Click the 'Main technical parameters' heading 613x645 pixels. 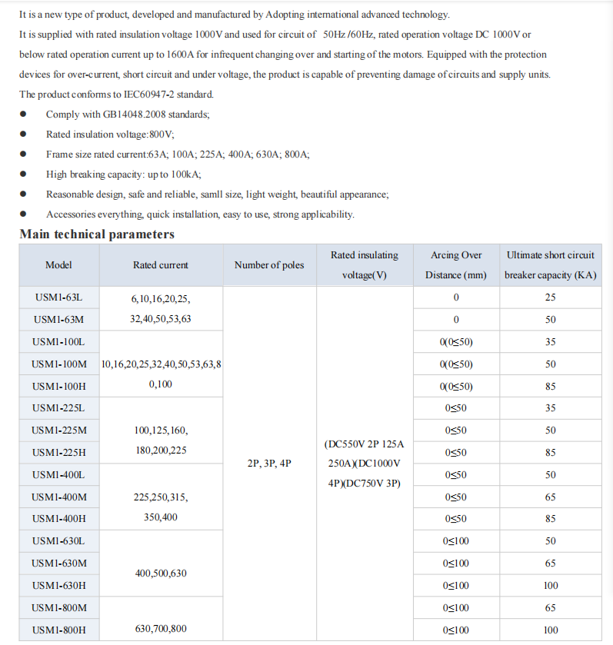97,234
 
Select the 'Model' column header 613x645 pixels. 58,265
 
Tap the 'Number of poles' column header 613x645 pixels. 269,265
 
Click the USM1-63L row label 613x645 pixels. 58,298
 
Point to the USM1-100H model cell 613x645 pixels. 58,386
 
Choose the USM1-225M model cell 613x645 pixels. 58,431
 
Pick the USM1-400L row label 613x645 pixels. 58,475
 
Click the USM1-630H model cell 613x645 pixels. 58,586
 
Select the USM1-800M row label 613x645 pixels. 58,608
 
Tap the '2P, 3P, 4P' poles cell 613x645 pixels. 269,464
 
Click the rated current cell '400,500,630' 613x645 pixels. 161,574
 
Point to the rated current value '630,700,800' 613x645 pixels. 161,629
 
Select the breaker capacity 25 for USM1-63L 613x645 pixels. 550,298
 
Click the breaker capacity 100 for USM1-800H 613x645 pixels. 550,630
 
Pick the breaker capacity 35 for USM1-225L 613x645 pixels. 550,408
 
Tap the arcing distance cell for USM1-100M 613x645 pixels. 455,364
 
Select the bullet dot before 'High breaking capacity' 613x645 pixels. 24,175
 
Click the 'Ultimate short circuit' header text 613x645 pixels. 550,255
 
